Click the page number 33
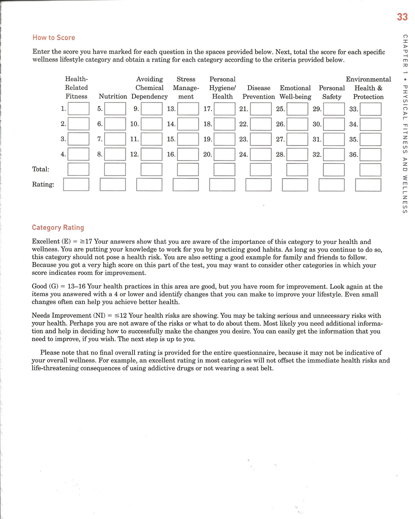coord(402,17)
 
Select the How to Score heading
coord(54,38)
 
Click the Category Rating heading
coord(58,228)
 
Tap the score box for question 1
coord(78,109)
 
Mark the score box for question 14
coord(188,124)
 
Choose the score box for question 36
coord(371,155)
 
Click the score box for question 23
coord(261,139)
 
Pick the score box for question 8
coord(115,154)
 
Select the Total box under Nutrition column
coord(115,169)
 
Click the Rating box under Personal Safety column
coord(331,185)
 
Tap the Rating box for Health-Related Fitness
coord(76,184)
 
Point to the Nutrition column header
coord(113,96)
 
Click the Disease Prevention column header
coord(258,92)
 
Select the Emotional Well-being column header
coord(295,92)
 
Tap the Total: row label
coord(41,169)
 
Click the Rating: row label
coord(43,185)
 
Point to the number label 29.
coord(317,109)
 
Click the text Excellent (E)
coord(45,242)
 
